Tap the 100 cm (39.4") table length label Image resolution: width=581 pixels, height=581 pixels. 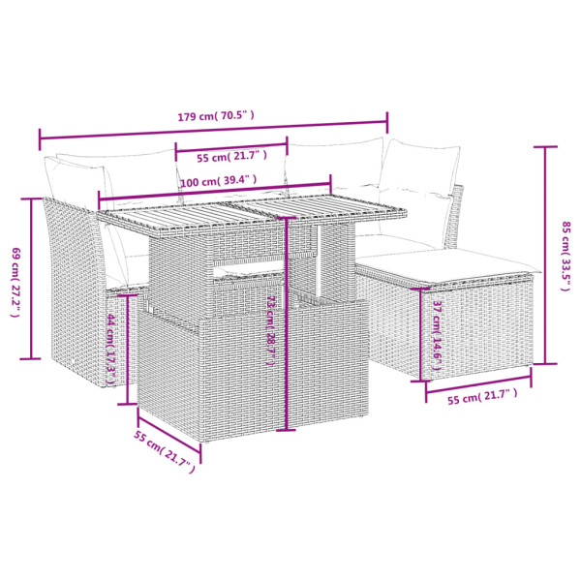click(218, 180)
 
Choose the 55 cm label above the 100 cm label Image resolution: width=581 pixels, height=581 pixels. click(229, 156)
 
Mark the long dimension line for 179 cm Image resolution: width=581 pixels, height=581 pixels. click(213, 133)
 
